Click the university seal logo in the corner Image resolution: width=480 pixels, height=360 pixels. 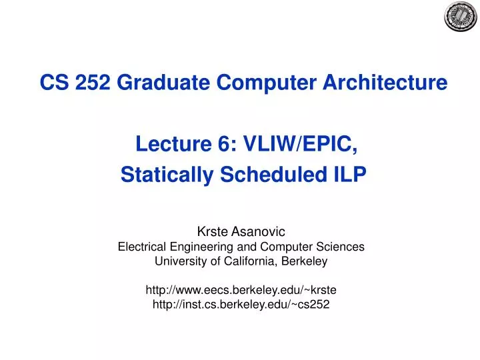tap(461, 17)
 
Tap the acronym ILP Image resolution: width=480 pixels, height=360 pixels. tap(349, 175)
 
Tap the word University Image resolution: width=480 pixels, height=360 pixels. tap(178, 261)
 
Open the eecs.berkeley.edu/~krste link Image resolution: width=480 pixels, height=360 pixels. tap(241, 291)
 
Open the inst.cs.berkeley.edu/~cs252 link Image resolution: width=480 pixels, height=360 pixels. tap(241, 305)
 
